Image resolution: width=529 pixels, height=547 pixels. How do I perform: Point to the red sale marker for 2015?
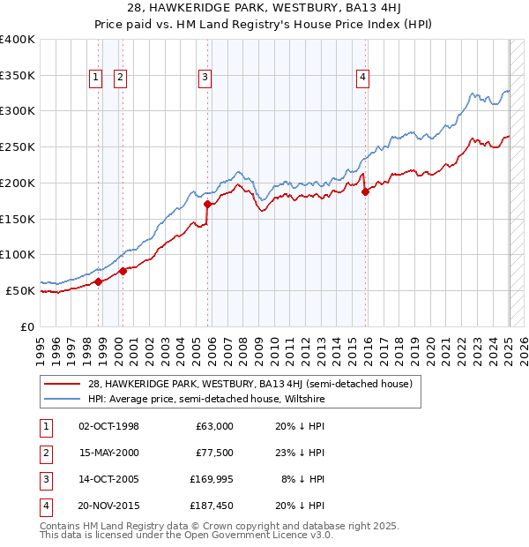coord(365,191)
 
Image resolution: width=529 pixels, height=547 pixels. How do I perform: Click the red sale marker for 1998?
coord(98,281)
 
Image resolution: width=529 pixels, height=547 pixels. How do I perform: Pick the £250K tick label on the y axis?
coord(18,146)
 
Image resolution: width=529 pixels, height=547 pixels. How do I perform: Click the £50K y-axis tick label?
coord(21,290)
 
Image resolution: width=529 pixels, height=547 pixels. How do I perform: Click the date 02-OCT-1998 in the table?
coord(109,426)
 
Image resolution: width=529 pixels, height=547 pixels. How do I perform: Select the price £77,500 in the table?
coord(214,453)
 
